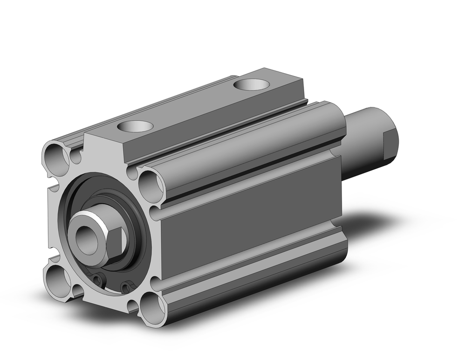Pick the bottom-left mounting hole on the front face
56,278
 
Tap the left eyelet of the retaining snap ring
97,279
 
